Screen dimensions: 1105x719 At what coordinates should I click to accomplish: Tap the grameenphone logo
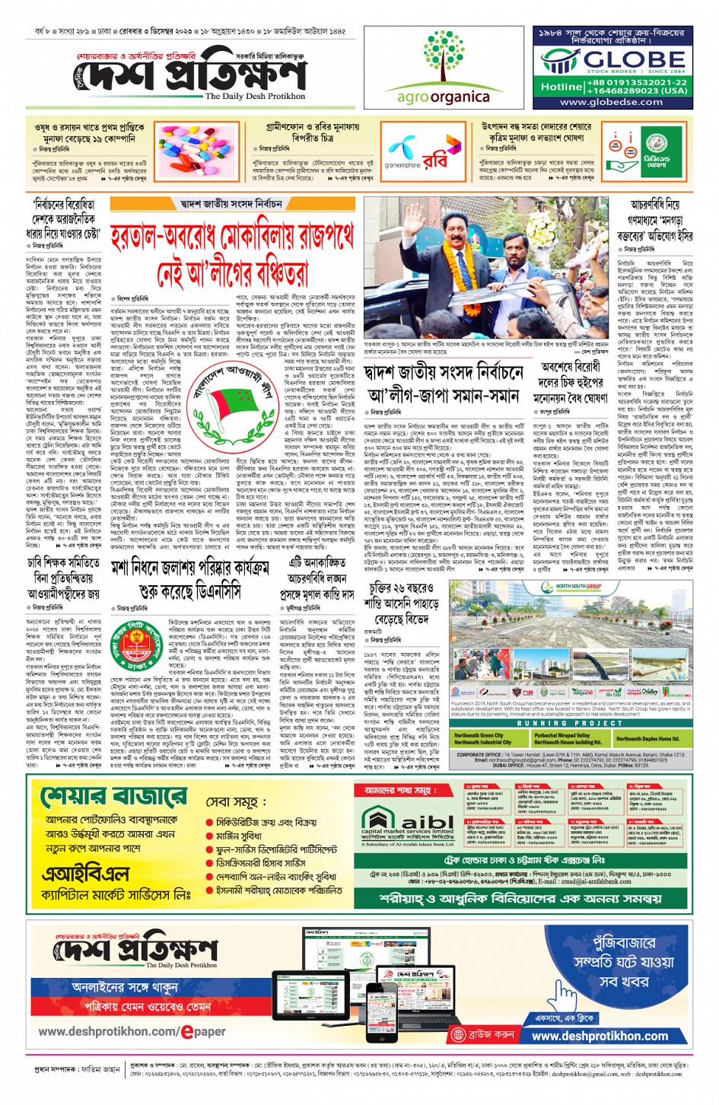[402, 154]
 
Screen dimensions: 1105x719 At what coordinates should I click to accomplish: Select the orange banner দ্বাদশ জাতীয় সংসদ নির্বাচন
[232, 204]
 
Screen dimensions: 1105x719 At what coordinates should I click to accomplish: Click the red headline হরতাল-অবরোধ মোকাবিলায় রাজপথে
[232, 237]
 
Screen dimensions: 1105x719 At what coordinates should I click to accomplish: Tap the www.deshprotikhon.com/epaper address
[132, 1031]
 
